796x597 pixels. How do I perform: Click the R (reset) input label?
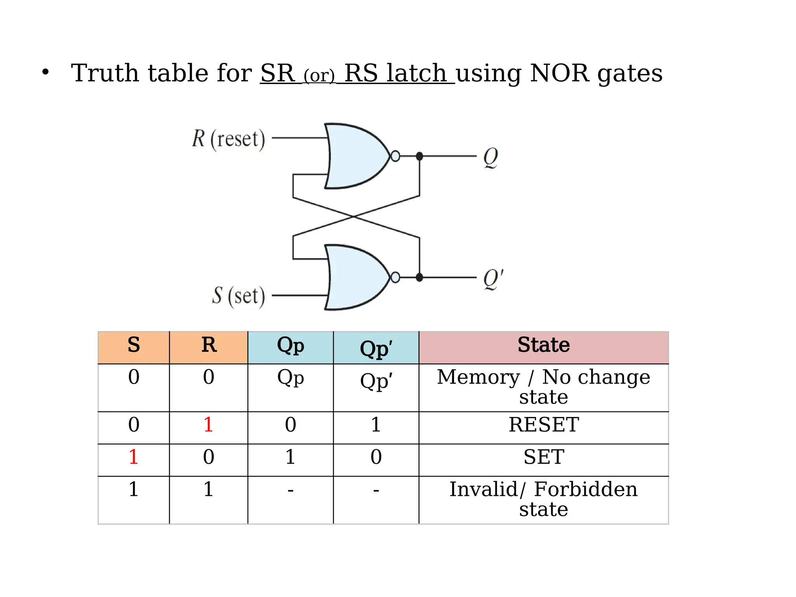pos(229,139)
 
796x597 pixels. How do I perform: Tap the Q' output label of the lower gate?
pos(493,279)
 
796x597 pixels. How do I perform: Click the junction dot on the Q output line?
pos(419,156)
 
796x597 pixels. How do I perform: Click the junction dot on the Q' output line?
pos(419,278)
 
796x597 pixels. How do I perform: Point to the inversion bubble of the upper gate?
pos(395,156)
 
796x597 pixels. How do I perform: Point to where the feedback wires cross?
pos(353,216)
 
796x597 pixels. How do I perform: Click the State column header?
pos(543,345)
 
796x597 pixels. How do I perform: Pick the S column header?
pos(134,345)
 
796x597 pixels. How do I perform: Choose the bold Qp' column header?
pos(376,348)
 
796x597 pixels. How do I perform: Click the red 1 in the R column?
pos(208,424)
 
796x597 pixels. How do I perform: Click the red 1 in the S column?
pos(134,457)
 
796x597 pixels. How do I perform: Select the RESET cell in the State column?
pos(543,424)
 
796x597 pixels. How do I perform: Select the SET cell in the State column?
pos(543,457)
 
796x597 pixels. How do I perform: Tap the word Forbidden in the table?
pos(585,489)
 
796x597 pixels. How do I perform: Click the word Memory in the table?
pos(478,377)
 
